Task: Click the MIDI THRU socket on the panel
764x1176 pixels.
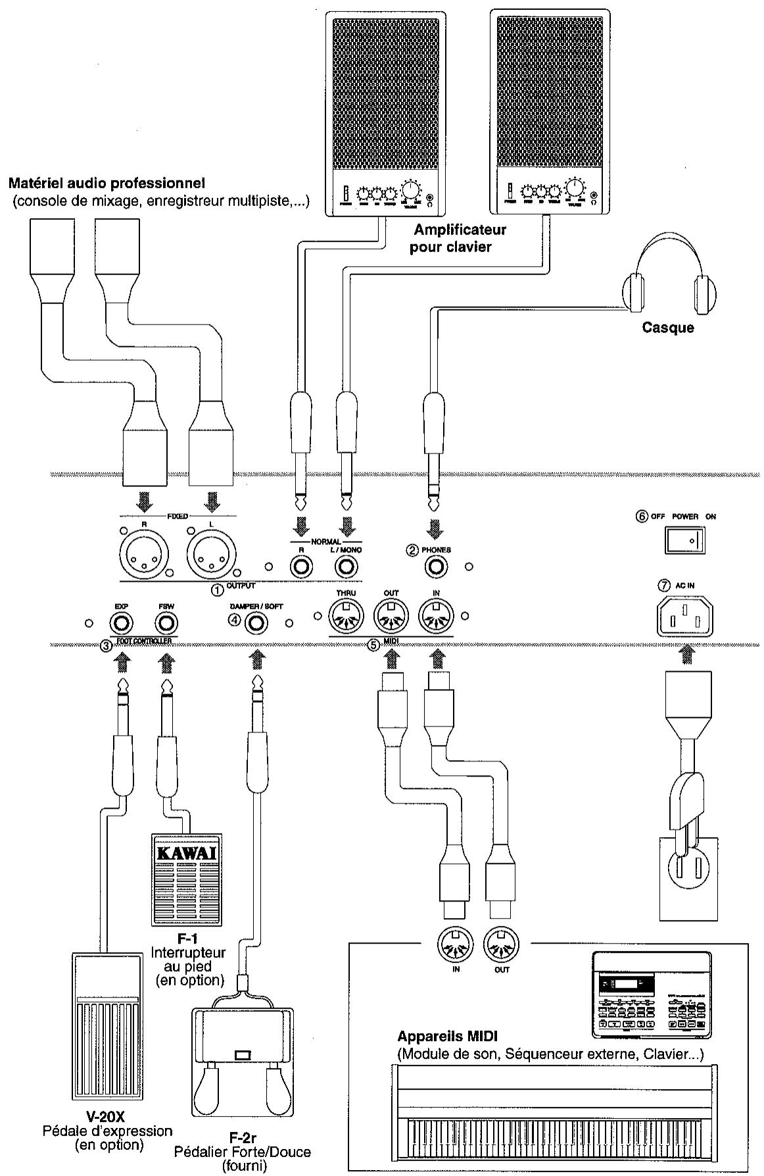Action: (x=346, y=617)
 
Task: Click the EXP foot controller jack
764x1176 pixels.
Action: (x=121, y=622)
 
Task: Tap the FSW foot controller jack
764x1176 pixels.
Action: (x=166, y=622)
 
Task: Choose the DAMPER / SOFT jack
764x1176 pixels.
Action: (x=257, y=622)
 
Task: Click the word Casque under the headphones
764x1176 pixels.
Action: (x=667, y=327)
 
